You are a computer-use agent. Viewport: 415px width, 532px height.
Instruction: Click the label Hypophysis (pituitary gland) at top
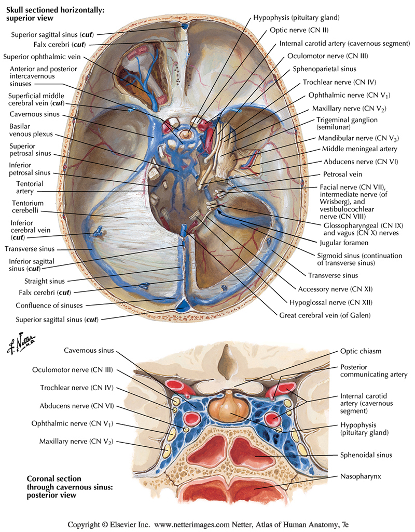click(296, 18)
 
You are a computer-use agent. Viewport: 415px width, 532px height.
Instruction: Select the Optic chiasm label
click(361, 351)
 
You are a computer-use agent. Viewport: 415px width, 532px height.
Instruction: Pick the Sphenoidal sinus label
click(366, 455)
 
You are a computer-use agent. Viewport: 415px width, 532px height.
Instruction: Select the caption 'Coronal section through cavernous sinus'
click(57, 487)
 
